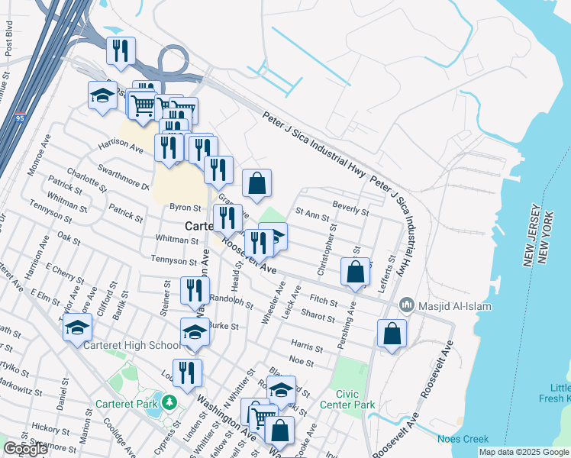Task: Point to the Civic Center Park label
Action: coord(347,399)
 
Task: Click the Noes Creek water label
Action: coord(463,439)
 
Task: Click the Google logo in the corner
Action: coord(26,449)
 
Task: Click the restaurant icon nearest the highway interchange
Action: coord(121,52)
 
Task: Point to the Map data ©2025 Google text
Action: coord(523,452)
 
